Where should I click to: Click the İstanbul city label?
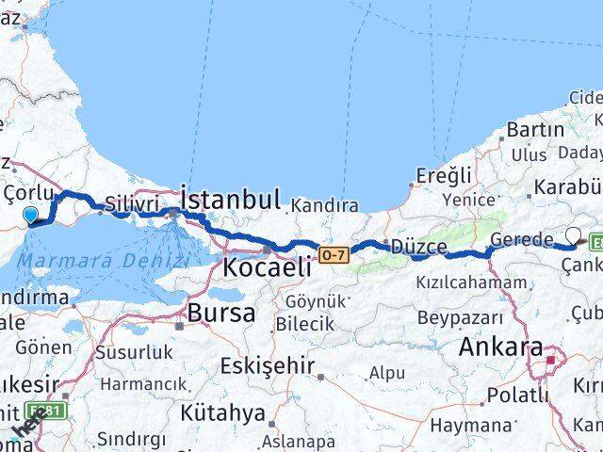click(x=230, y=200)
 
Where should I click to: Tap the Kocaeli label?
click(x=267, y=266)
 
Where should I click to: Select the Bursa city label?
click(x=221, y=313)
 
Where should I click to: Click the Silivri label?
click(x=128, y=202)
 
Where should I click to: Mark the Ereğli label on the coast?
click(x=444, y=175)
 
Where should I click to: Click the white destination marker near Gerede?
click(x=573, y=235)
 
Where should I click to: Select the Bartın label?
click(x=535, y=129)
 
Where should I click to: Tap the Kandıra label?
click(x=324, y=204)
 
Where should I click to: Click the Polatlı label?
click(x=514, y=394)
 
